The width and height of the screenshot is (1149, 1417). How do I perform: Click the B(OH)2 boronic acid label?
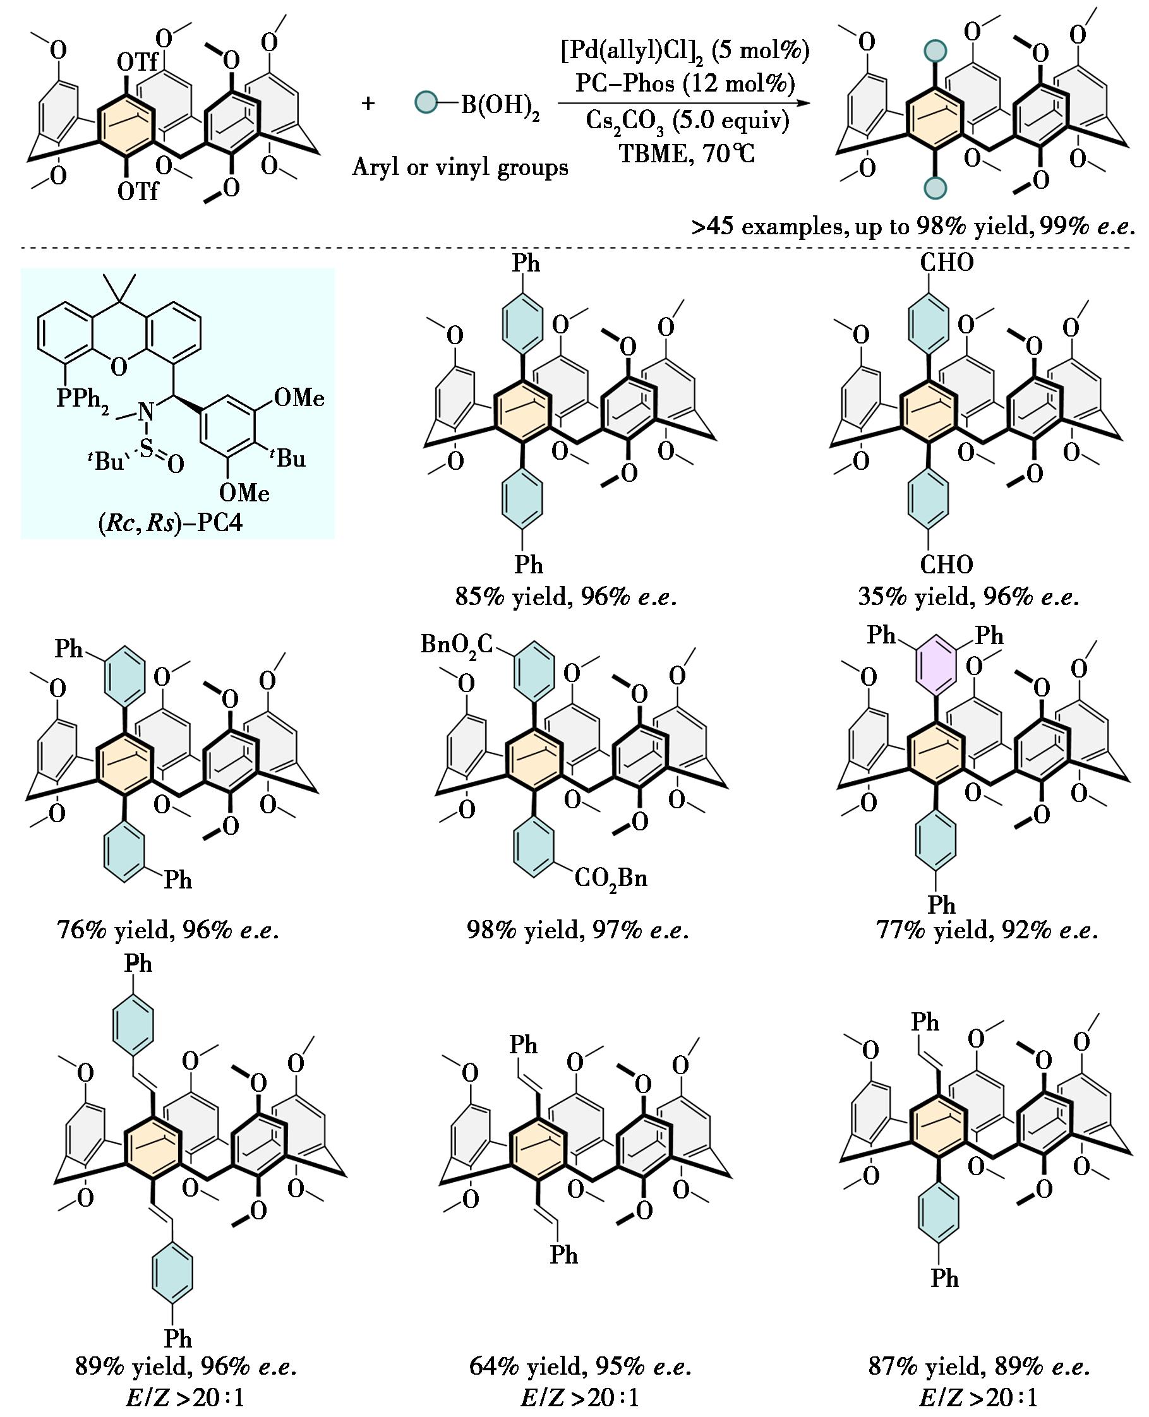pyautogui.click(x=500, y=107)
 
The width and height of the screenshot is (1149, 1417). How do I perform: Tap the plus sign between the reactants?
pyautogui.click(x=368, y=103)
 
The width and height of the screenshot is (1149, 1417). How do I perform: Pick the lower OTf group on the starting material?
pyautogui.click(x=138, y=191)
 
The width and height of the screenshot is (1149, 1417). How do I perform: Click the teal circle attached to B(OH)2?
pyautogui.click(x=426, y=102)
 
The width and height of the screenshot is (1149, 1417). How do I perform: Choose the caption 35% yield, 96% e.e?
pyautogui.click(x=968, y=597)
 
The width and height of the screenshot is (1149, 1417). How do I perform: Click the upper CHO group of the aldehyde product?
pyautogui.click(x=946, y=263)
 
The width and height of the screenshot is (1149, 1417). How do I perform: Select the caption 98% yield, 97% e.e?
pyautogui.click(x=577, y=931)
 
